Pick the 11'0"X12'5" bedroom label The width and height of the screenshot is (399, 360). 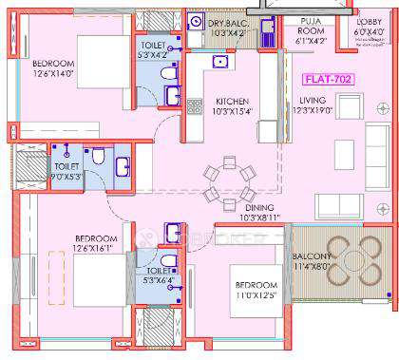(x=256, y=291)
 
